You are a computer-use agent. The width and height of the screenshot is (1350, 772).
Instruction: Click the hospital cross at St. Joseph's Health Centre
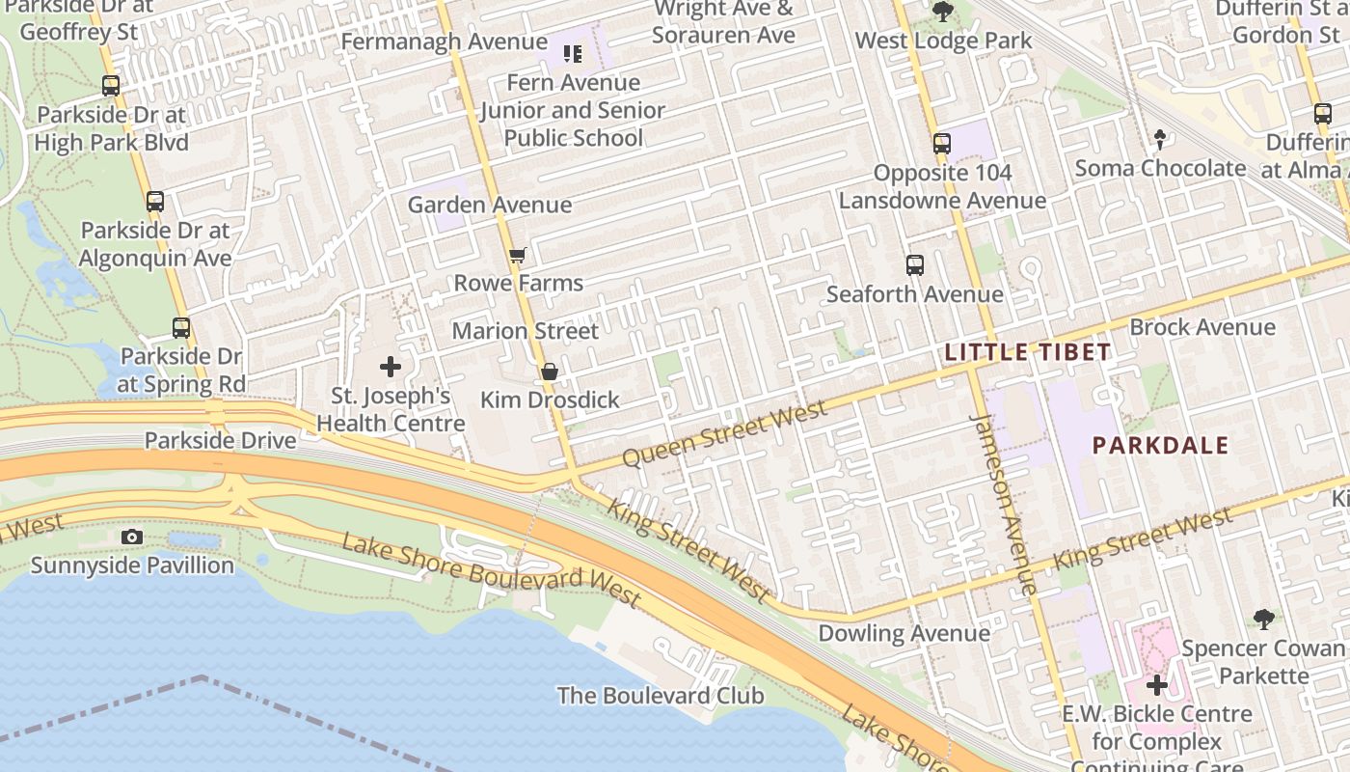click(391, 367)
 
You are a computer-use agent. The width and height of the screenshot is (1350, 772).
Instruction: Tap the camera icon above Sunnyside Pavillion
click(132, 537)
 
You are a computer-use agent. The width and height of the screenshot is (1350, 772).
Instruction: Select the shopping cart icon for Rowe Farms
click(518, 256)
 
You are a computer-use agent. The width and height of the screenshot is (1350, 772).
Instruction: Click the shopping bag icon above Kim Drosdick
click(549, 372)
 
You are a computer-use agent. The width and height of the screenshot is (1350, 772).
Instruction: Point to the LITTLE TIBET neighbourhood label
click(1028, 352)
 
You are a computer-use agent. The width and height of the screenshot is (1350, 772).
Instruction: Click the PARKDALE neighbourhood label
click(1160, 446)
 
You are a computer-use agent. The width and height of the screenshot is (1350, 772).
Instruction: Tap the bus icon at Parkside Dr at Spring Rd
click(181, 327)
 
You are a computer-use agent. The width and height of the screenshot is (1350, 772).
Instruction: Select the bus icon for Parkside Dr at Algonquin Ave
click(155, 202)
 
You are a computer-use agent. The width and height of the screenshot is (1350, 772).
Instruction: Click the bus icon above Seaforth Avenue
click(914, 264)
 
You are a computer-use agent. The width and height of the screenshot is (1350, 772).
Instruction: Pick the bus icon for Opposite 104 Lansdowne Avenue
click(941, 144)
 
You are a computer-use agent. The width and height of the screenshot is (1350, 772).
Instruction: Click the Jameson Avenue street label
click(1004, 502)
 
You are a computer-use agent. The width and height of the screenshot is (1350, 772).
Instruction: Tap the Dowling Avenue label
click(904, 634)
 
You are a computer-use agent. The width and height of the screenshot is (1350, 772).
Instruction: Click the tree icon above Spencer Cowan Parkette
click(1263, 619)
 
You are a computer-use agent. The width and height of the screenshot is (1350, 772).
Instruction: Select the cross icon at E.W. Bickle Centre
click(1157, 685)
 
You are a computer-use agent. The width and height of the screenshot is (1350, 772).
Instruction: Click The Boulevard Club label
click(661, 696)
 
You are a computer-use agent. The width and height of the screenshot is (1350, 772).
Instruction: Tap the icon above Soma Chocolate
click(1160, 140)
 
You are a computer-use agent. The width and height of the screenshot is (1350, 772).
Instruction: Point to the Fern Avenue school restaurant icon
click(573, 54)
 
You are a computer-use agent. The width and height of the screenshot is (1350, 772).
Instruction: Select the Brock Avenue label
click(1201, 327)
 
